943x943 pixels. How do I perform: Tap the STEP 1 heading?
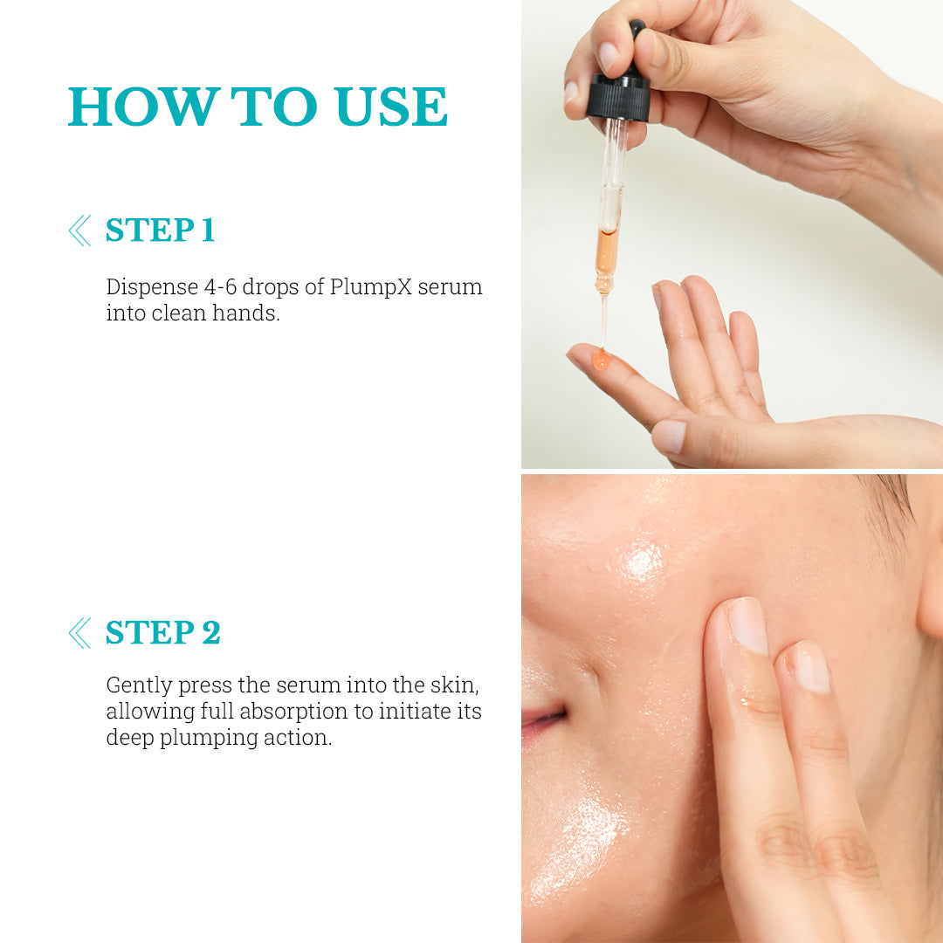[160, 231]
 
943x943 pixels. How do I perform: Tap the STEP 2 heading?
[163, 633]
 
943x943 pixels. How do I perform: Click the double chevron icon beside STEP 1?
[79, 231]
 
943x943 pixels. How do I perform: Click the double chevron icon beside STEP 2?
[79, 633]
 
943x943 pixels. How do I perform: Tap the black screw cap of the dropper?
[618, 98]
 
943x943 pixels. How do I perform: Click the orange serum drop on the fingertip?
[601, 359]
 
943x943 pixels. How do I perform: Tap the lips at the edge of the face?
[541, 720]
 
